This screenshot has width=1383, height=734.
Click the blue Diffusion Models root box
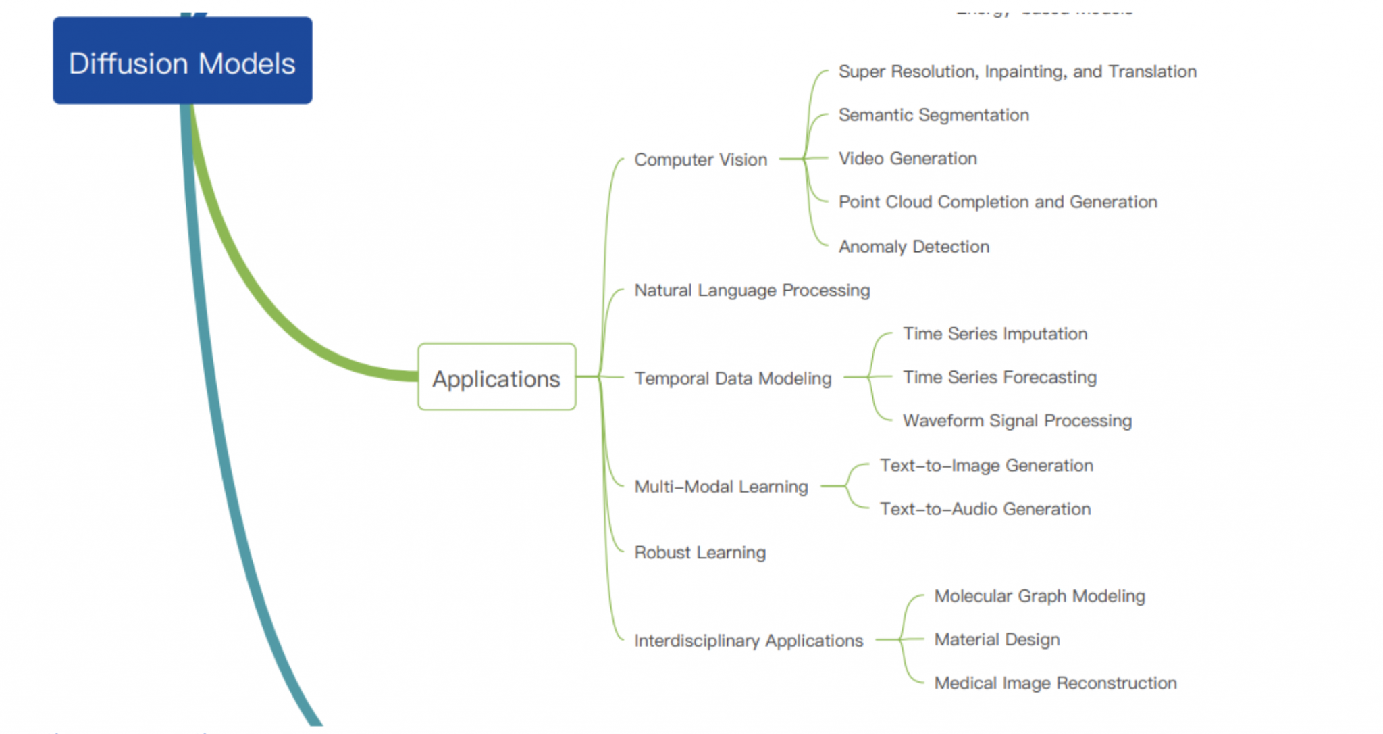(x=182, y=61)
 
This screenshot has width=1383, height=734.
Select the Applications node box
(x=496, y=377)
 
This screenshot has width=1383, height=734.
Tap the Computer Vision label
(x=700, y=160)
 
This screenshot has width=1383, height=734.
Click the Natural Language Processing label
(x=752, y=290)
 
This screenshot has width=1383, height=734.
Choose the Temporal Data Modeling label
(x=733, y=378)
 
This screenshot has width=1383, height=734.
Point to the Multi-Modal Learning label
(x=721, y=487)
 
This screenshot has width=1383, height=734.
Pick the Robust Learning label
(x=700, y=552)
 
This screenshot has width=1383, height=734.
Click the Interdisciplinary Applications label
(x=748, y=640)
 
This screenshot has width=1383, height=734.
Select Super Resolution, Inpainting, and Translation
(x=1017, y=72)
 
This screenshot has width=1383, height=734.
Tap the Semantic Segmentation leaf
(x=933, y=115)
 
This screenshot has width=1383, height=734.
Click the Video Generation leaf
(x=908, y=158)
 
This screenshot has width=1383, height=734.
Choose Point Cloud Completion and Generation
(x=997, y=202)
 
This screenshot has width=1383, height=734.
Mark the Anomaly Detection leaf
(x=914, y=247)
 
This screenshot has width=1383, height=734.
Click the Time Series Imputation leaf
(x=995, y=334)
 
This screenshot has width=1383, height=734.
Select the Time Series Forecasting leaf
(x=999, y=377)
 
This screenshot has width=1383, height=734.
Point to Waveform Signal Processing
(x=1017, y=420)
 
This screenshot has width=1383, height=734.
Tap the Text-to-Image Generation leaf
(x=986, y=465)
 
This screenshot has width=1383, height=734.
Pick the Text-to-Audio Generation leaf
(x=985, y=509)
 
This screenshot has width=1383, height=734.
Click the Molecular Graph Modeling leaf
(x=1039, y=596)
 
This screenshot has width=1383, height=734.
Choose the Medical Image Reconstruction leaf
(x=1055, y=683)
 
